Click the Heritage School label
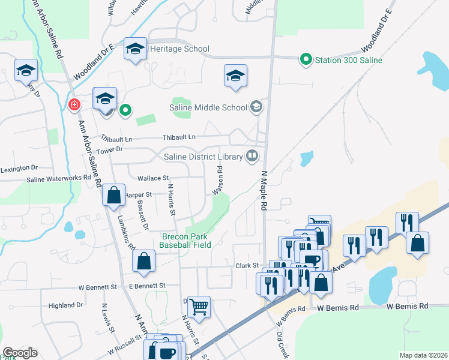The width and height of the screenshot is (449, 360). [x=179, y=49]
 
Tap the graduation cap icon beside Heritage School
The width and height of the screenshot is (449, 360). [x=136, y=49]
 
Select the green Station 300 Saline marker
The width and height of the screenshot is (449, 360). [x=306, y=59]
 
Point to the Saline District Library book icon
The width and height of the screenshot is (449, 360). [x=253, y=157]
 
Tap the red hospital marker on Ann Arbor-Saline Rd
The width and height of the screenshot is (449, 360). [x=74, y=104]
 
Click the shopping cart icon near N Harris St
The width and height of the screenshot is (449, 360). [x=199, y=307]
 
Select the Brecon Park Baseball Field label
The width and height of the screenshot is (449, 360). [x=187, y=241]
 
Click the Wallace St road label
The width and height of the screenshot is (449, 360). [x=153, y=178]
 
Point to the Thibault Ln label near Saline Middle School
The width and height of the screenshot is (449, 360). [x=182, y=137]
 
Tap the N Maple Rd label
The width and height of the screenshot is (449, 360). [x=263, y=190]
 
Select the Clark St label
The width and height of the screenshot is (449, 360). [x=246, y=265]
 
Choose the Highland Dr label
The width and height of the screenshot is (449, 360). [x=65, y=305]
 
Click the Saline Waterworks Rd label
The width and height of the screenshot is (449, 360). [x=58, y=179]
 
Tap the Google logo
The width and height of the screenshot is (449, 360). [x=20, y=353]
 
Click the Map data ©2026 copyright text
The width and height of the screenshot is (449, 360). [x=423, y=355]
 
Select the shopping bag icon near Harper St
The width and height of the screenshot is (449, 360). [x=113, y=195]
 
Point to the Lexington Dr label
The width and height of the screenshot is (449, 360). [x=19, y=168]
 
